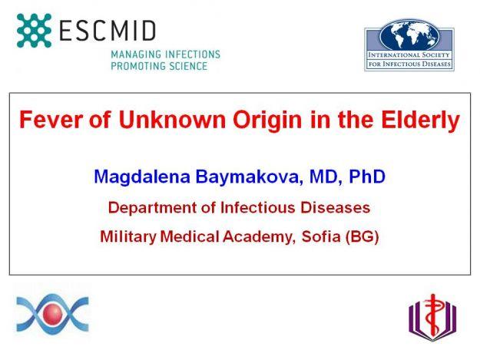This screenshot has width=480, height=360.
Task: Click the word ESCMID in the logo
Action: click(x=108, y=30)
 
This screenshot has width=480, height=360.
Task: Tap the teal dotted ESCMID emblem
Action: click(x=34, y=30)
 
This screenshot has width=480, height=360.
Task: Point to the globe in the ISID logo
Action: click(x=409, y=35)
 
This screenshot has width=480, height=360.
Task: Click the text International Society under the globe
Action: click(x=409, y=55)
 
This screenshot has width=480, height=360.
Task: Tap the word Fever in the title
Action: click(x=51, y=119)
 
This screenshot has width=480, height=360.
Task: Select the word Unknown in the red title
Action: click(x=172, y=119)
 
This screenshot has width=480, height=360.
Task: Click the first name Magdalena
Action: click(x=142, y=177)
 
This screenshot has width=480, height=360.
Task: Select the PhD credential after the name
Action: click(x=367, y=177)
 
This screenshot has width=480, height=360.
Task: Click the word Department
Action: click(x=153, y=208)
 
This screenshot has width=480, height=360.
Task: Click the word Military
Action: click(x=128, y=237)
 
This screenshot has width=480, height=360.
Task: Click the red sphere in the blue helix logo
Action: click(x=52, y=313)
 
